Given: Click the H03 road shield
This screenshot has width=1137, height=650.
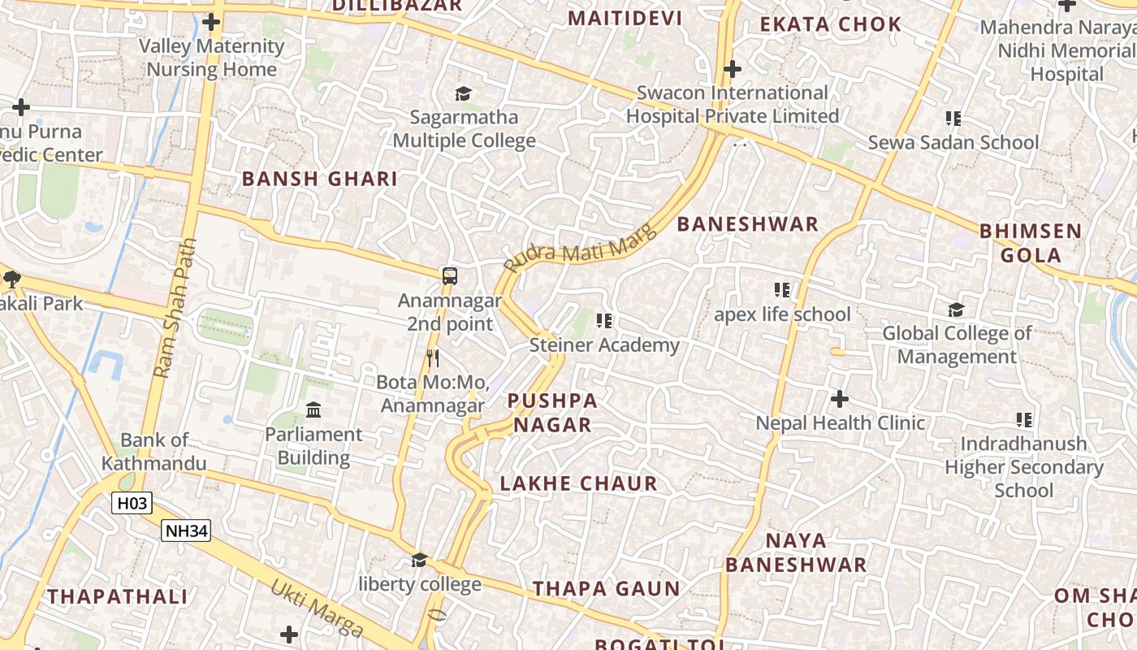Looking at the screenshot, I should [x=132, y=503].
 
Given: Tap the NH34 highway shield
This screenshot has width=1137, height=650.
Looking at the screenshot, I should [x=186, y=531].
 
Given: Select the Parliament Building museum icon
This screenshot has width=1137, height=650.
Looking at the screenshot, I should [x=313, y=409].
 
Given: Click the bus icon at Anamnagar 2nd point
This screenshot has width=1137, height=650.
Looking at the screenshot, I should [x=450, y=276].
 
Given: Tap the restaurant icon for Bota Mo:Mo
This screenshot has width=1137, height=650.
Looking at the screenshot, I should [x=433, y=357].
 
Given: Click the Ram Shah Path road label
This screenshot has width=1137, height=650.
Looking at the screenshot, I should [x=175, y=308].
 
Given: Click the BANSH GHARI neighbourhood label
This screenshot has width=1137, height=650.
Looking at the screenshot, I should [x=320, y=180].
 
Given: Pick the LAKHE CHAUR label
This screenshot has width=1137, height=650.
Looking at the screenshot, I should [x=578, y=484].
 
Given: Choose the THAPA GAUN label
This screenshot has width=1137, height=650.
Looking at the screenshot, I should [x=606, y=589].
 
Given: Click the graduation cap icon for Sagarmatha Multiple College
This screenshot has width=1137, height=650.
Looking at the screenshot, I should [x=463, y=94].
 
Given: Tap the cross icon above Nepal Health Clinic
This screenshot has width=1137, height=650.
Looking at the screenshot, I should [x=840, y=399].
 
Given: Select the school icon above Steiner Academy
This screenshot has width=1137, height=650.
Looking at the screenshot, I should [x=604, y=321].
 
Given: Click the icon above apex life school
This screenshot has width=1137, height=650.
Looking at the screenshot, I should [x=782, y=290].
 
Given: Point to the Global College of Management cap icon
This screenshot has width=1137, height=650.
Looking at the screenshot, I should [x=956, y=310].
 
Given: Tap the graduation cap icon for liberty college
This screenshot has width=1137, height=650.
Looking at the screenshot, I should [x=419, y=560].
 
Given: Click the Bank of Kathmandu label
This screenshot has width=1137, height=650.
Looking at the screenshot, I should [x=153, y=452].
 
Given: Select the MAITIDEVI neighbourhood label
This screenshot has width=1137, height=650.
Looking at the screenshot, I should [x=625, y=18].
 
